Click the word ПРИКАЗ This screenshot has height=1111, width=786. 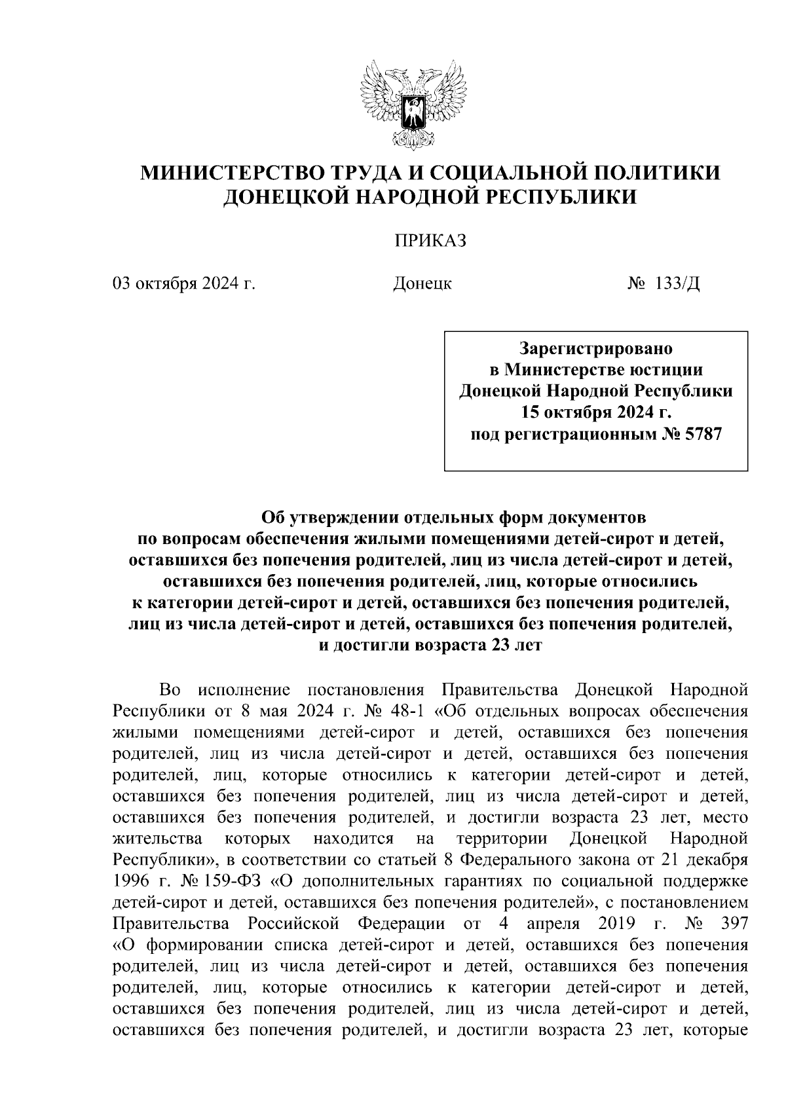point(430,242)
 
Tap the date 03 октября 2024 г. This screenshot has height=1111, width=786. point(183,284)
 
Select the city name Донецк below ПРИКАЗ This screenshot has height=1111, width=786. point(422,284)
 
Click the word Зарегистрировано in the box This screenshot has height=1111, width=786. point(596,348)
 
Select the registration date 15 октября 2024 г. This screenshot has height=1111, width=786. point(596,412)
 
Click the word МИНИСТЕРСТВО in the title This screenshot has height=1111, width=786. point(234,173)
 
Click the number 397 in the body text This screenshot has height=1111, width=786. point(732,924)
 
